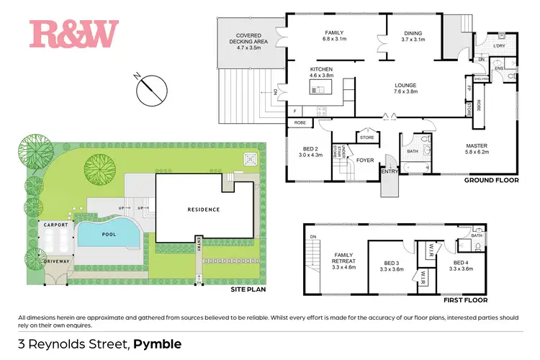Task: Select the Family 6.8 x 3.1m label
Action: tap(334, 36)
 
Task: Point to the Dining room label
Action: tap(413, 36)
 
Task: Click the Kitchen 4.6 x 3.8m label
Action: tap(321, 73)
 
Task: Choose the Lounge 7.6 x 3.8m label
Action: tap(410, 89)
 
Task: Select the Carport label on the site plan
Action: tap(55, 225)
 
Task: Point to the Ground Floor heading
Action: tap(492, 182)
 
